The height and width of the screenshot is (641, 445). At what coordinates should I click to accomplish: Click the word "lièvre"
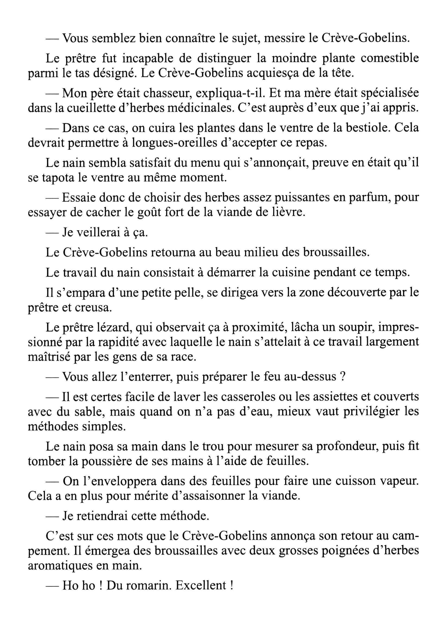click(x=290, y=212)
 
